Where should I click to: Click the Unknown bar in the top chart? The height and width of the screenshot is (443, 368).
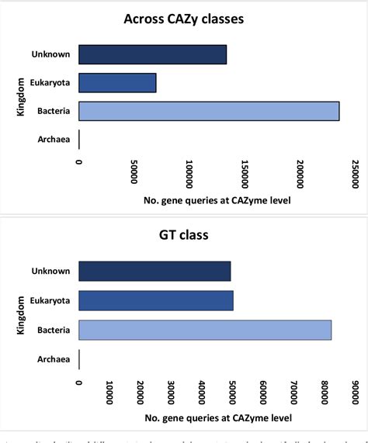click(152, 54)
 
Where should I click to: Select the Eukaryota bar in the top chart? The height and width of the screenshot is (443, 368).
click(117, 82)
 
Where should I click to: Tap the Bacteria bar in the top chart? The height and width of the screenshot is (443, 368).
click(209, 111)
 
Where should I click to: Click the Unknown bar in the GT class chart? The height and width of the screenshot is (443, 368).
click(154, 272)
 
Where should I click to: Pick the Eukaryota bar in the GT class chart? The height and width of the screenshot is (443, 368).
click(156, 300)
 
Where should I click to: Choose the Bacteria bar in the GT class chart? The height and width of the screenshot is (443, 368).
click(205, 330)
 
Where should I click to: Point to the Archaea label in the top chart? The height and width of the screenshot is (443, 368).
click(54, 140)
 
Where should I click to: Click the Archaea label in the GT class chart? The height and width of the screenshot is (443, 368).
click(54, 359)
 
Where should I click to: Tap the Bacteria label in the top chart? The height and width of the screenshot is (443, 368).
click(54, 112)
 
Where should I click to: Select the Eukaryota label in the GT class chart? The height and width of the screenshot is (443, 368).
click(51, 300)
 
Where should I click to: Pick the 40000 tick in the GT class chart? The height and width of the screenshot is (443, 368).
click(202, 393)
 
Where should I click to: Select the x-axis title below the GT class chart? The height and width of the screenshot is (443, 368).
click(217, 418)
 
